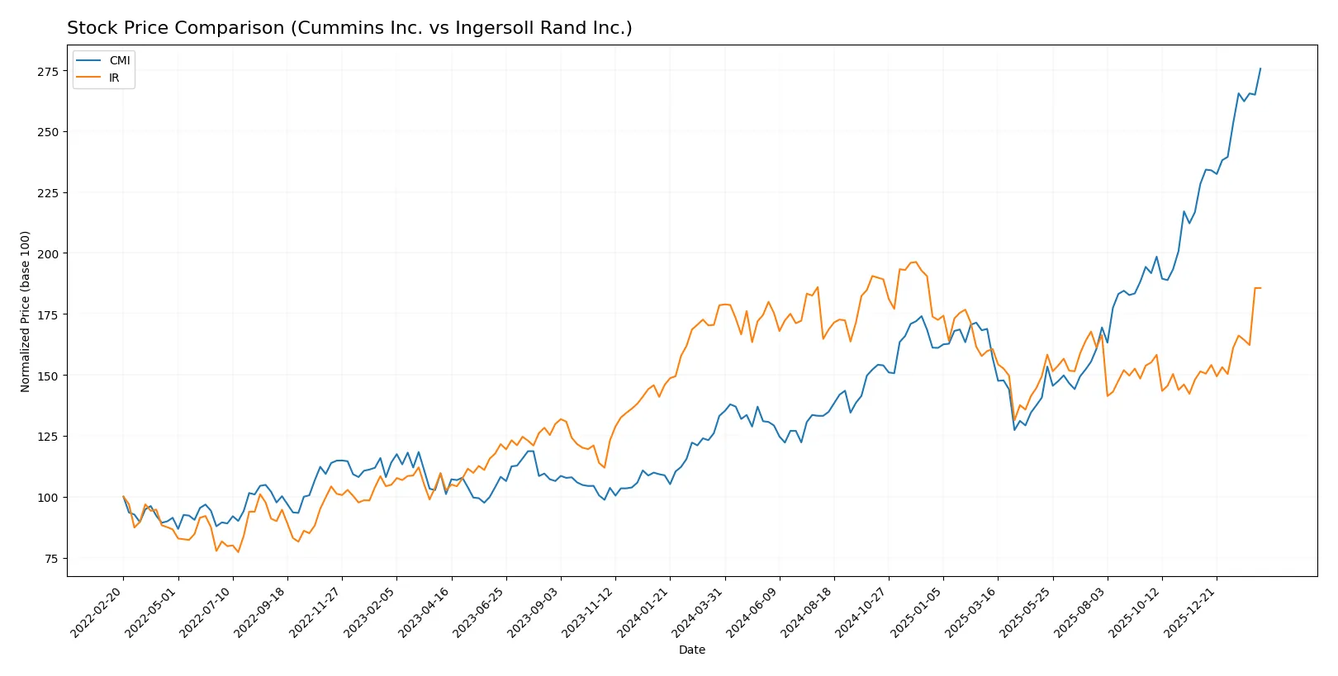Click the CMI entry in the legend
(119, 60)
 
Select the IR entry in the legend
(114, 78)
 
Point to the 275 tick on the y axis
(48, 72)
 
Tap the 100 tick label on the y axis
(48, 498)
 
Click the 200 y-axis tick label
(48, 254)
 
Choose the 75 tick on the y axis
(50, 559)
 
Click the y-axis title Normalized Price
(26, 311)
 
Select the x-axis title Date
(692, 650)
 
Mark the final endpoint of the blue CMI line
(1260, 69)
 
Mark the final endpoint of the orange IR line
(1260, 288)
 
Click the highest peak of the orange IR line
(916, 262)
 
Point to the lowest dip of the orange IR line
(238, 552)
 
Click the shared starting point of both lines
(123, 497)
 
